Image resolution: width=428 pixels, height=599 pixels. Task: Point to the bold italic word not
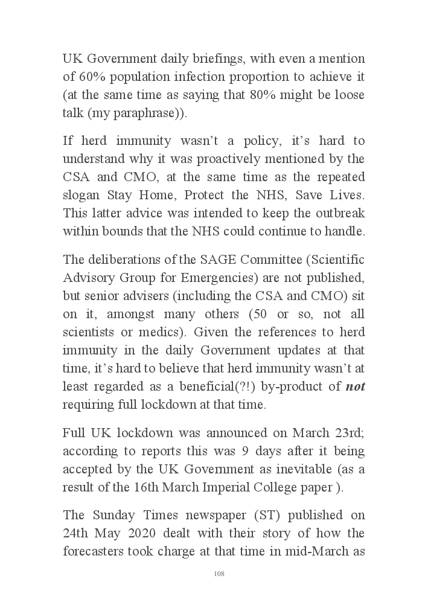pyautogui.click(x=355, y=386)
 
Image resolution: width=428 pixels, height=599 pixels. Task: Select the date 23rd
pyautogui.click(x=345, y=433)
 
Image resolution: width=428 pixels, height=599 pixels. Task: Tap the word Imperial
pyautogui.click(x=228, y=488)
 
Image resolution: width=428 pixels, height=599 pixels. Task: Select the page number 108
pyautogui.click(x=219, y=574)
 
